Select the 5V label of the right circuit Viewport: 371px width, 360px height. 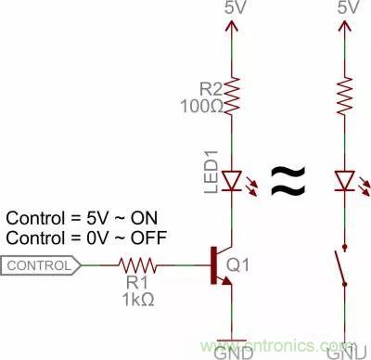[349, 7]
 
